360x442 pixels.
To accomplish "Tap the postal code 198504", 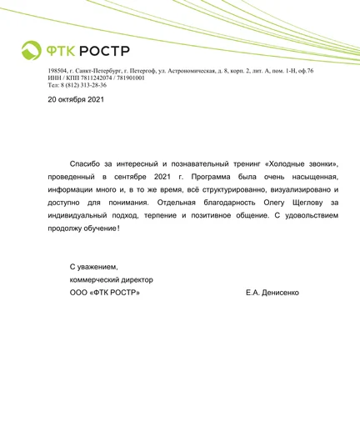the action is [x=58, y=72].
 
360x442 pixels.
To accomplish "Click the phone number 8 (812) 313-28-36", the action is [x=84, y=85].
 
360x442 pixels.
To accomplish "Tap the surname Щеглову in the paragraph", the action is [x=295, y=202].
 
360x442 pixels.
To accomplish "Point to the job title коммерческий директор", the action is [x=112, y=279].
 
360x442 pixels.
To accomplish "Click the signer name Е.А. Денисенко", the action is [x=272, y=292].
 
